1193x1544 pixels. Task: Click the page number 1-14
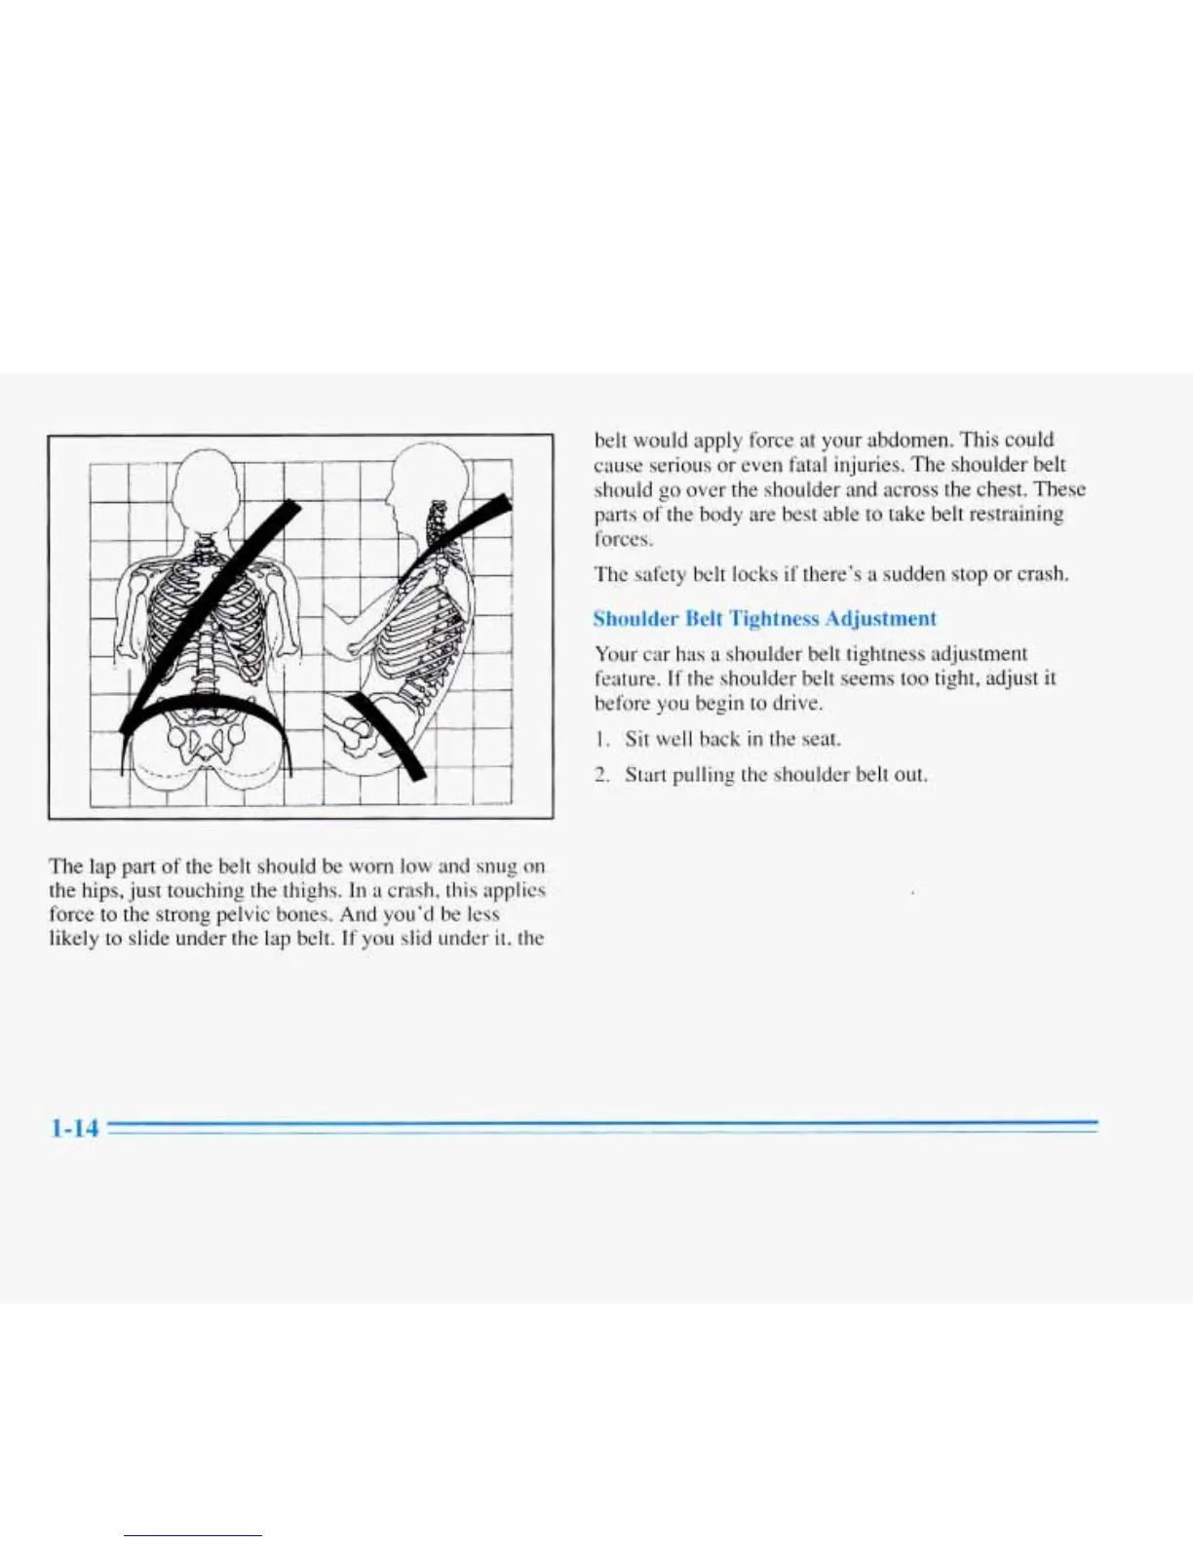tap(74, 1128)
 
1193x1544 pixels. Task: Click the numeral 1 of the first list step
tap(601, 739)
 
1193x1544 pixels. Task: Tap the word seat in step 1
tap(820, 739)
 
